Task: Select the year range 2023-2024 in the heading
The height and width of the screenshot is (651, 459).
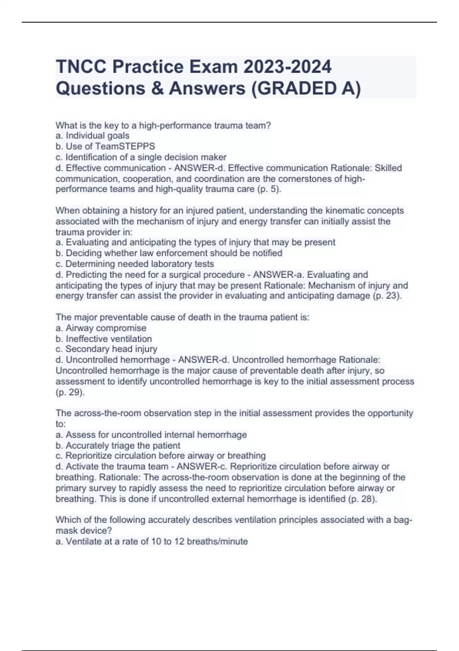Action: pos(287,67)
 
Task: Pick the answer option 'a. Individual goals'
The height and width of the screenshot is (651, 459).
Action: pos(93,136)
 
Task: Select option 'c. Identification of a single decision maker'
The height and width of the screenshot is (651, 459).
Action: pos(141,157)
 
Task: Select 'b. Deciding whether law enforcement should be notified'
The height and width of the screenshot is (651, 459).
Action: pos(169,253)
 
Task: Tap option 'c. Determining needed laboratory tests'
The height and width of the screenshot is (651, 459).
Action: pos(135,264)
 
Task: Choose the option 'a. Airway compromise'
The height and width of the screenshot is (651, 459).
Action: pos(101,328)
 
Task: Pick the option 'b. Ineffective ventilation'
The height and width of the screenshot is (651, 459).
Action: pos(104,339)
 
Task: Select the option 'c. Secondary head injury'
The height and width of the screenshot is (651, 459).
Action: pos(106,349)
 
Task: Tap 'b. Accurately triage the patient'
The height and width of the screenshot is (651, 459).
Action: pos(118,445)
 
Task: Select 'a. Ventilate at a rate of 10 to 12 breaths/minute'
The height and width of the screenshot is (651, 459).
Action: pos(152,541)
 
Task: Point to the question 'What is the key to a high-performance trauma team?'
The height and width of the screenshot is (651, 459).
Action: pos(163,125)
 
